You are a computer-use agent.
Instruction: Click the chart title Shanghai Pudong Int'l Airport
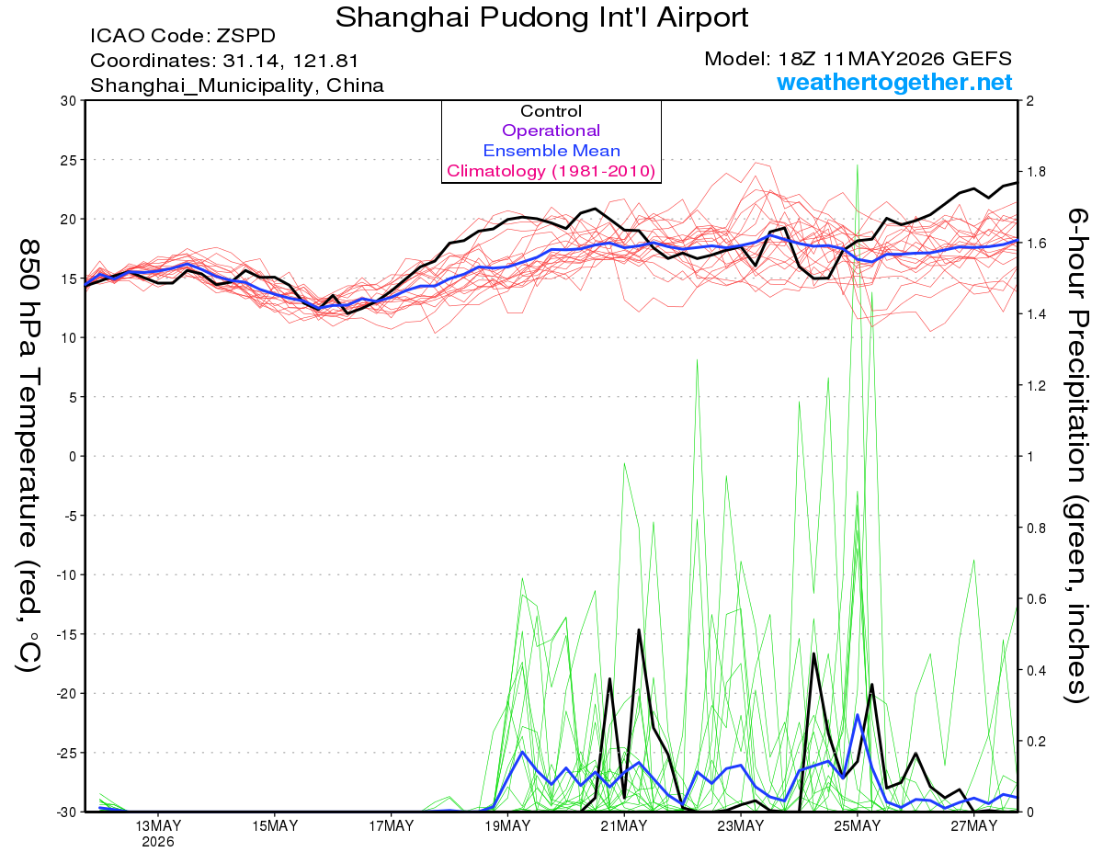coord(541,17)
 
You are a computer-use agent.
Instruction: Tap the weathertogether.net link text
coord(894,82)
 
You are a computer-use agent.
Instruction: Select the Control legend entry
coord(551,111)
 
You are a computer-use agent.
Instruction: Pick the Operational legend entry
coord(551,131)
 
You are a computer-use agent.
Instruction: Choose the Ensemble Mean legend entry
coord(551,151)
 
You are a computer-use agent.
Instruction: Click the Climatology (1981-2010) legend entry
coord(551,171)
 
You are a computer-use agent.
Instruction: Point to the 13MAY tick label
coord(158,826)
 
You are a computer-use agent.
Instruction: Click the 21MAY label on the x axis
coord(624,826)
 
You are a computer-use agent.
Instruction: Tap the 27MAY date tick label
coord(974,826)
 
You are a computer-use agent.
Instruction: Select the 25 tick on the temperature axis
coord(68,160)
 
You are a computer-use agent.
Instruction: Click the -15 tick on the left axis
coord(65,634)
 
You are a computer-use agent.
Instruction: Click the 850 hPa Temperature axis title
coord(28,455)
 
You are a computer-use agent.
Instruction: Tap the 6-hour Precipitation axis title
coord(1076,455)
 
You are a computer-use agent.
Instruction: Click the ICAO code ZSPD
coord(245,36)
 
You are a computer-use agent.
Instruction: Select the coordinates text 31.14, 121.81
coord(290,61)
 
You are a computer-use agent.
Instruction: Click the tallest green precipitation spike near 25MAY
coord(857,165)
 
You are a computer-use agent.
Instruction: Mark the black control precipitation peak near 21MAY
coord(639,630)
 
